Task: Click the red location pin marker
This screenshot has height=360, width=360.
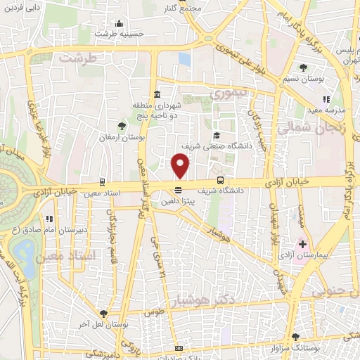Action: [181, 166]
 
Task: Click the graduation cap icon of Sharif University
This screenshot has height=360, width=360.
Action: [217, 135]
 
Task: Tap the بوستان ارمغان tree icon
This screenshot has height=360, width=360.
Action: [123, 126]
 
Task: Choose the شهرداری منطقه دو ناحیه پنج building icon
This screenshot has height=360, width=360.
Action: [156, 94]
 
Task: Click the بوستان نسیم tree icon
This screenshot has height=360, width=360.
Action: [303, 68]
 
